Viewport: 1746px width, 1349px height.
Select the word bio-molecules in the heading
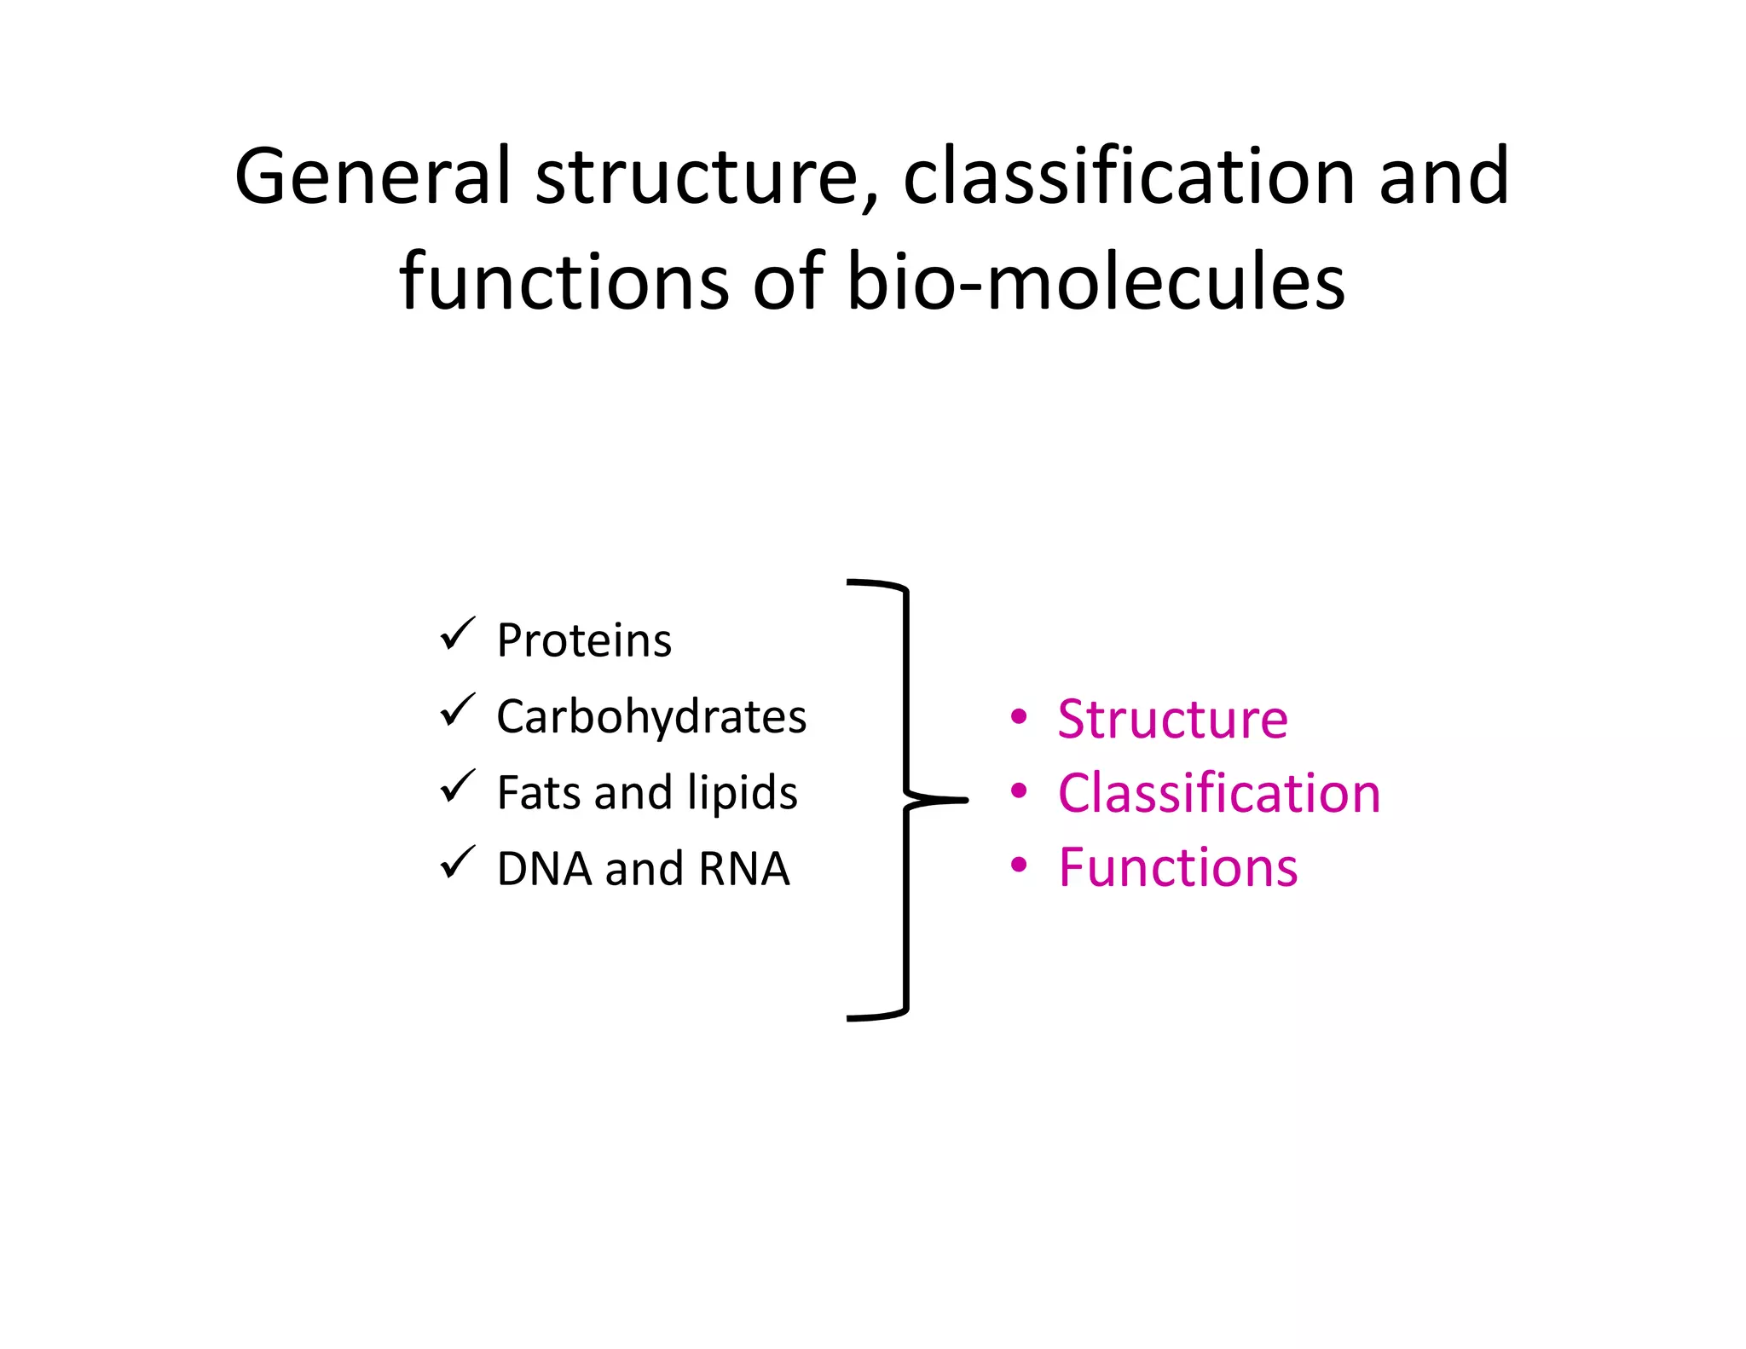click(x=1096, y=281)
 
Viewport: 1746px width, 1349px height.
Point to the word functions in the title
click(x=564, y=281)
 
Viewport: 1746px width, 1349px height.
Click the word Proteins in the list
click(x=584, y=640)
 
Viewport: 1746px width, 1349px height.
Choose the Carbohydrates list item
click(x=651, y=716)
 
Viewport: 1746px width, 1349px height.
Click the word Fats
click(x=539, y=792)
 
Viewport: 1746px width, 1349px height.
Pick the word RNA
click(x=743, y=869)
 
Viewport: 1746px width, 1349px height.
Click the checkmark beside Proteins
click(x=457, y=635)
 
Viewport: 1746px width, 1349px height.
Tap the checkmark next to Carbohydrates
click(x=457, y=711)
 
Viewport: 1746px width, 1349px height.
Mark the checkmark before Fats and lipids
click(x=457, y=787)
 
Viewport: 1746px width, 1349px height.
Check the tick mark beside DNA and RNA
click(x=457, y=863)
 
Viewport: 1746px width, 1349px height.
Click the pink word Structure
click(x=1172, y=719)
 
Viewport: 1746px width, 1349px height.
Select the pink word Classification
click(x=1218, y=793)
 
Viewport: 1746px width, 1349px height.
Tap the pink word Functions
click(x=1177, y=867)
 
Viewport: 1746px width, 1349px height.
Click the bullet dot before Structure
click(x=1018, y=717)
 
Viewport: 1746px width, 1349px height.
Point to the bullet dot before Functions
click(x=1018, y=866)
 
